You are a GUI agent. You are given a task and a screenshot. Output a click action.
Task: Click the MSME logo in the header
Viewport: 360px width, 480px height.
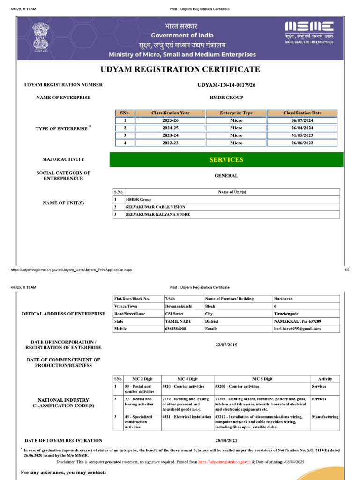(309, 27)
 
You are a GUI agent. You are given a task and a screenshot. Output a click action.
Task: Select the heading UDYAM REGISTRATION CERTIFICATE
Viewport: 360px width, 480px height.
(180, 70)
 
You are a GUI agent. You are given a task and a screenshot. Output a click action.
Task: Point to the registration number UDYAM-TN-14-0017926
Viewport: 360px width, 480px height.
(226, 85)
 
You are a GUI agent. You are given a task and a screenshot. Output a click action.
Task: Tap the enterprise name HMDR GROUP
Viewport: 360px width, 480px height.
(226, 97)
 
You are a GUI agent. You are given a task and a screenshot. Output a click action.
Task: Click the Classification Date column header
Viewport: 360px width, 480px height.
(302, 113)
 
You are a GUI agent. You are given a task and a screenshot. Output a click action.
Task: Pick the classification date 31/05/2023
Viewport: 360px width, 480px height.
(302, 135)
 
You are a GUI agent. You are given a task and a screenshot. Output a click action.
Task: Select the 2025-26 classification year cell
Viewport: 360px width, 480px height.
(170, 120)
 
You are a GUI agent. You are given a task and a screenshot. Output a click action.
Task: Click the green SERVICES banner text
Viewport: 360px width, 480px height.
(226, 160)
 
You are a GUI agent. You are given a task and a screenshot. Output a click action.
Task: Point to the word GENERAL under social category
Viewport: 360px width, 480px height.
(226, 176)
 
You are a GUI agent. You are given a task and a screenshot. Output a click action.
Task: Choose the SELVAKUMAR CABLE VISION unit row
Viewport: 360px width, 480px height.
(156, 207)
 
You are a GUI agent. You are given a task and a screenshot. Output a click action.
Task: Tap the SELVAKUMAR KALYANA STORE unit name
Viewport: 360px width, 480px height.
(158, 215)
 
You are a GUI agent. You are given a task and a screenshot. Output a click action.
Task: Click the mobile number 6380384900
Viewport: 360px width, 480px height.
(175, 329)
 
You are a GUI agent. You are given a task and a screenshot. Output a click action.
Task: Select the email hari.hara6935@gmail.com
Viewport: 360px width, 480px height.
(297, 329)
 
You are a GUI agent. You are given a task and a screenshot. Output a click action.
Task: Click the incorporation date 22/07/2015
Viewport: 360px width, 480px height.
(226, 345)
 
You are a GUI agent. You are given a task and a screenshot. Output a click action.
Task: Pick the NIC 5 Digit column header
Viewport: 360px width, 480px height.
(262, 379)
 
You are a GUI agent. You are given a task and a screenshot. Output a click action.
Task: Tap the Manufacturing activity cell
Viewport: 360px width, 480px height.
(325, 417)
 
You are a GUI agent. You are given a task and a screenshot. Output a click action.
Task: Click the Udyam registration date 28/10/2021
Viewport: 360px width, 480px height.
(226, 441)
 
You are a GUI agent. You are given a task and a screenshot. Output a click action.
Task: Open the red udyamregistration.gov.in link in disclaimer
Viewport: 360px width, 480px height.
(224, 461)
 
